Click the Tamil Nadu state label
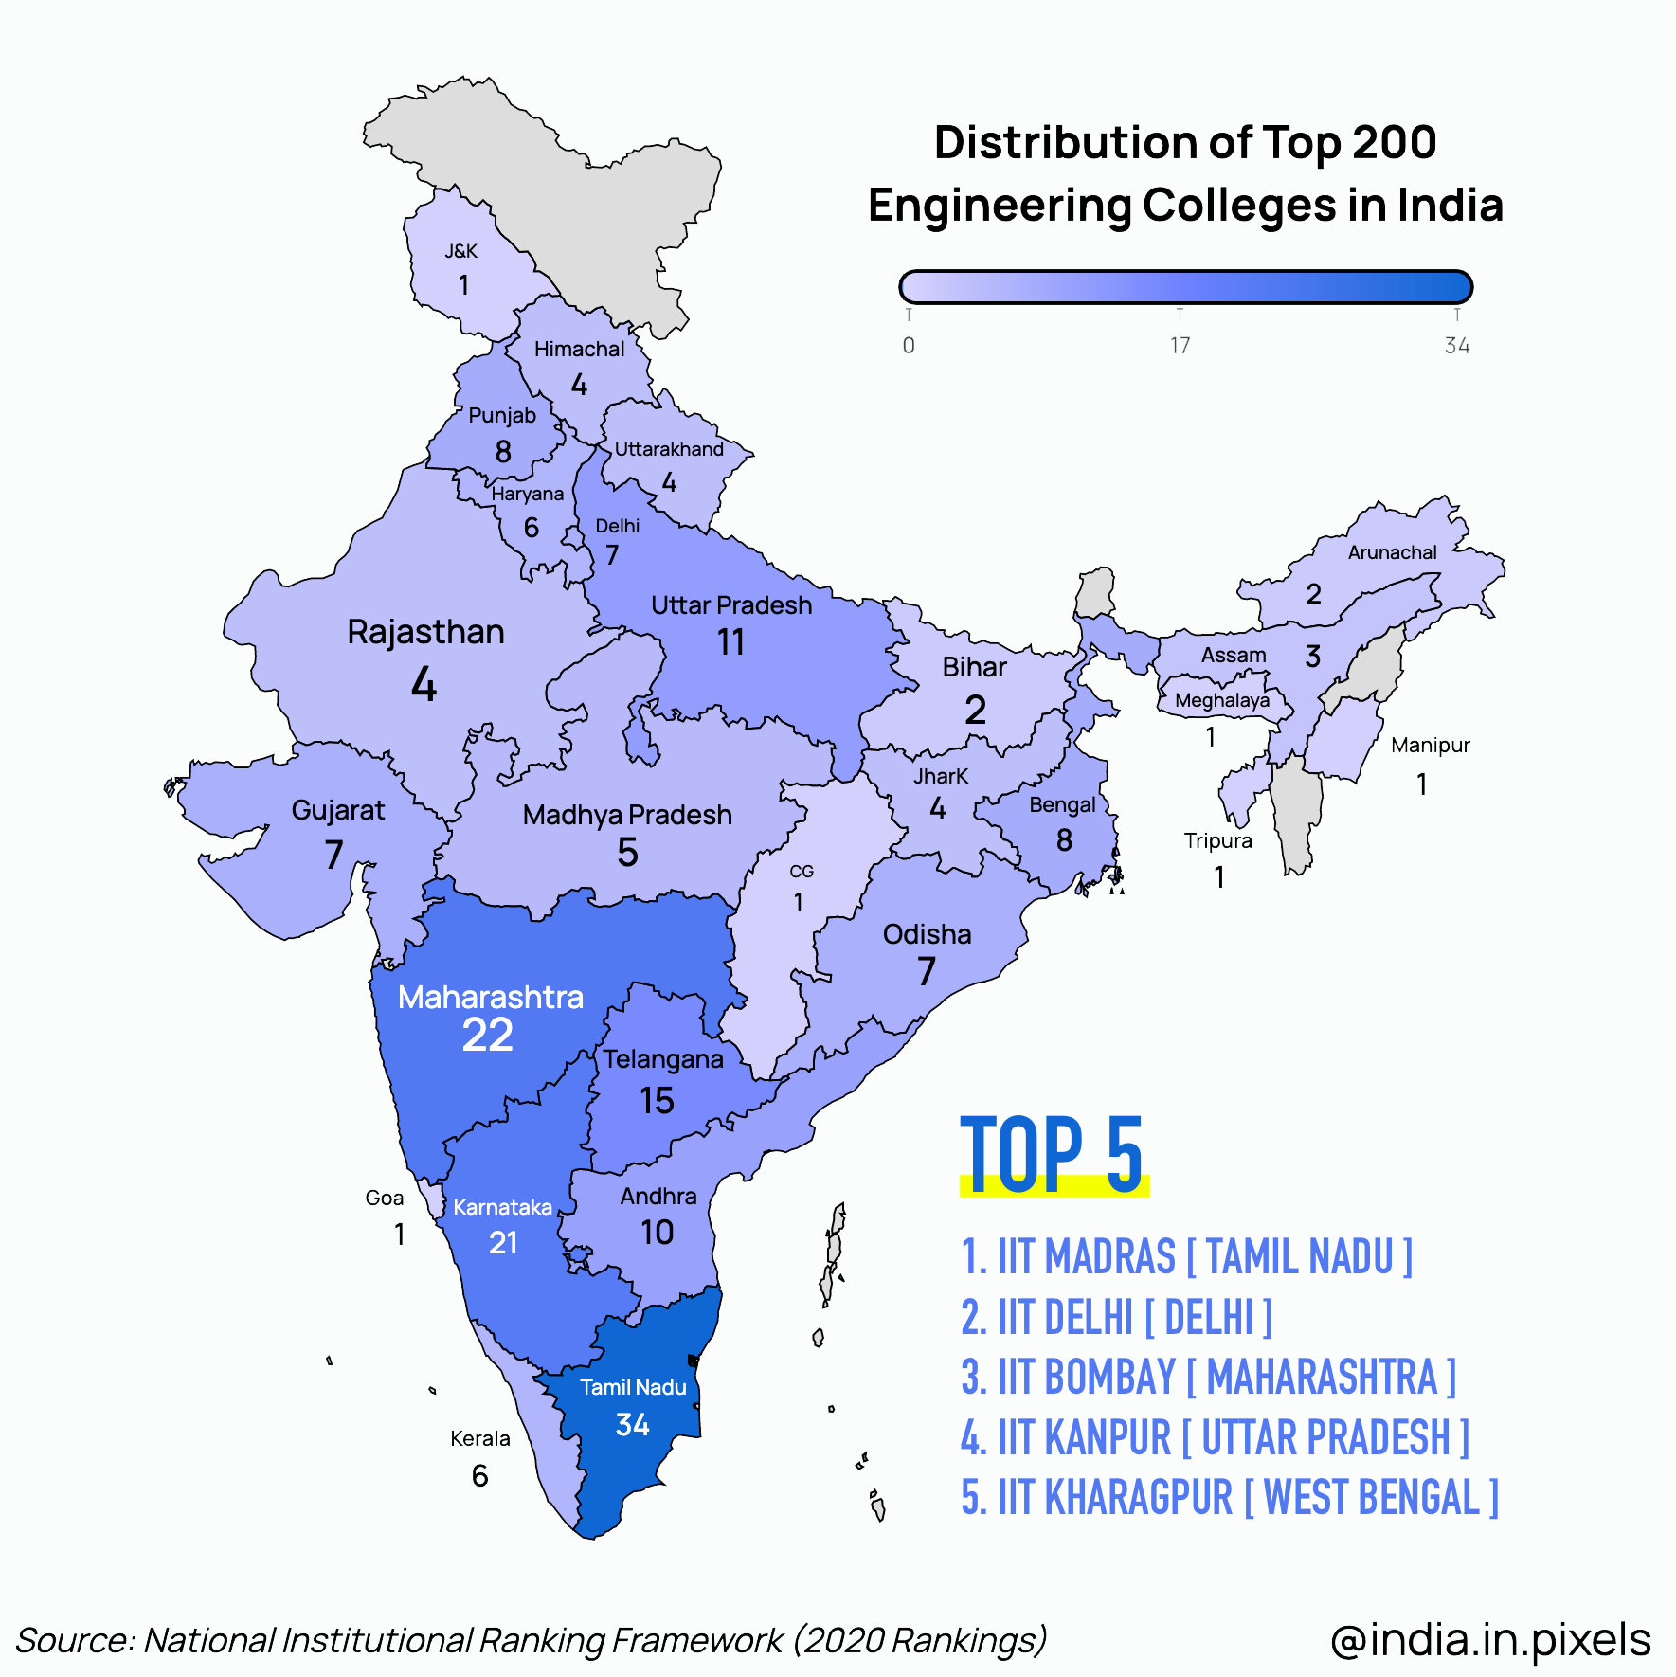click(x=633, y=1387)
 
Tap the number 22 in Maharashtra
click(x=488, y=1035)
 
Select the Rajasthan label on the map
click(x=425, y=632)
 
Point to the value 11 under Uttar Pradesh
click(x=730, y=642)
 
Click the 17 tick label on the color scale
click(x=1180, y=345)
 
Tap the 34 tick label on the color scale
click(x=1457, y=345)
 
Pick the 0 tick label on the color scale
click(x=909, y=345)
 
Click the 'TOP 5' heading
click(x=1052, y=1154)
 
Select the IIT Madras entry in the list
click(x=1187, y=1257)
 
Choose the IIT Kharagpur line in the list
click(x=1230, y=1498)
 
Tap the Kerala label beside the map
click(x=480, y=1438)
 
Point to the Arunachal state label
click(x=1393, y=552)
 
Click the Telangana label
click(x=663, y=1059)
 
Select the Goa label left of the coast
click(x=385, y=1198)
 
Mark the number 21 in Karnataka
click(x=503, y=1242)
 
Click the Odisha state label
click(x=928, y=934)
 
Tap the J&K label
click(x=461, y=251)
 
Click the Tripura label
click(x=1218, y=841)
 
